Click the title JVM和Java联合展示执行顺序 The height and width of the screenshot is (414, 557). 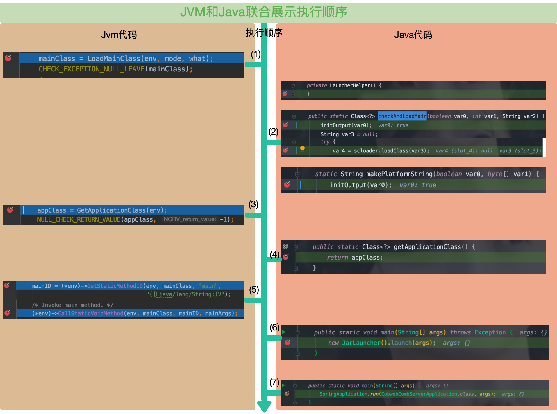coord(263,12)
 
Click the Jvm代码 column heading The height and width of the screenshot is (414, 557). coord(119,35)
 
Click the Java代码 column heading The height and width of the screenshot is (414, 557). coord(413,35)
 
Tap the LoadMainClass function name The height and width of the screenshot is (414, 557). coord(114,59)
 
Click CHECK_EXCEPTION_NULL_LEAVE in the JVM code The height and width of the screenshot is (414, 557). coord(92,69)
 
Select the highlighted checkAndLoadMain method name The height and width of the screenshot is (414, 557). coord(402,116)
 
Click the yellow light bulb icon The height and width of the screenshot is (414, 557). coord(302,149)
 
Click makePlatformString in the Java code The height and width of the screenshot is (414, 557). coord(399,174)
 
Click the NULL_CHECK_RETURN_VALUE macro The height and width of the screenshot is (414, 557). coord(78,219)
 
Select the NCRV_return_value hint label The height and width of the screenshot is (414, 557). coord(190,219)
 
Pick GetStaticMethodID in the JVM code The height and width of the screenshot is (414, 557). coord(115,286)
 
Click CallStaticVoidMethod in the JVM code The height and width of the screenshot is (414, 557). coord(90,314)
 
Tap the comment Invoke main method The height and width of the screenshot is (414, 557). coord(72,305)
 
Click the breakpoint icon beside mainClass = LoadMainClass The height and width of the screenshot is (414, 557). coord(8,58)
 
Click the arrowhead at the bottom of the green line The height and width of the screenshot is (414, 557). coord(264,406)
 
